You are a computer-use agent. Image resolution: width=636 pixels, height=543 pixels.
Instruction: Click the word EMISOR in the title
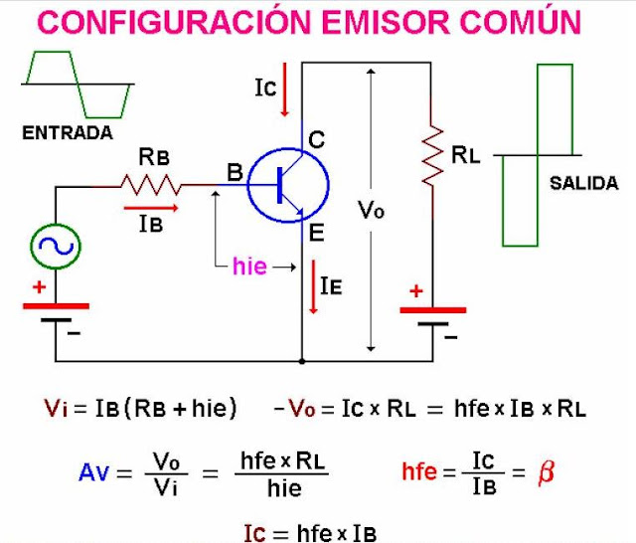click(x=388, y=22)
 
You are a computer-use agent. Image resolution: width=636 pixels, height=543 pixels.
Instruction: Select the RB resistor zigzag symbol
click(x=150, y=184)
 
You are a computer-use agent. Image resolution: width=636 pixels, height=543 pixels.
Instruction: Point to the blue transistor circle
click(x=288, y=184)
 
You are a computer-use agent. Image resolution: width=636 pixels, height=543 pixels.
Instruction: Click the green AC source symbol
click(x=55, y=246)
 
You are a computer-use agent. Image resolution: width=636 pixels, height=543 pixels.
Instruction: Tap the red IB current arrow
click(x=151, y=208)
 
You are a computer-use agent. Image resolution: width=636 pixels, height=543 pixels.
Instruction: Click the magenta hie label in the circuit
click(x=248, y=267)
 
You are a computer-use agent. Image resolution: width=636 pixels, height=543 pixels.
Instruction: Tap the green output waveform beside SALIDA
click(x=538, y=154)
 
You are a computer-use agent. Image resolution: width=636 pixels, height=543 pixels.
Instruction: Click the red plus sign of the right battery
click(x=415, y=291)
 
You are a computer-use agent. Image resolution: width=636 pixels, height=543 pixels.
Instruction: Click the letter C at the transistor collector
click(x=316, y=141)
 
